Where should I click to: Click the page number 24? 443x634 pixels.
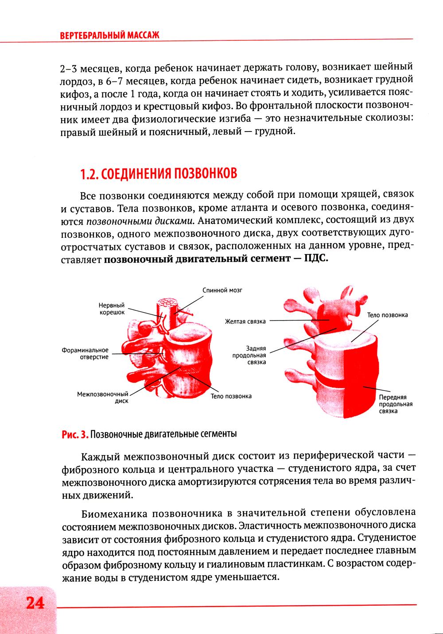click(35, 603)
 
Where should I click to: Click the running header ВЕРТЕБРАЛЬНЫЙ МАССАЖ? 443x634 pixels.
click(109, 35)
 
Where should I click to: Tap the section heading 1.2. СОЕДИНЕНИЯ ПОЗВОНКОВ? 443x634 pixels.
click(159, 174)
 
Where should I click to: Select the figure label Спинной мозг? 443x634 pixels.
click(222, 290)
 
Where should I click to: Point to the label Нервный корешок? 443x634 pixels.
click(112, 309)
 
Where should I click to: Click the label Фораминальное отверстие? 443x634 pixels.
click(85, 353)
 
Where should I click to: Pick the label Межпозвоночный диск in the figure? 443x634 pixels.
click(103, 397)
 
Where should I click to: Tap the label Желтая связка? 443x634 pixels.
click(245, 321)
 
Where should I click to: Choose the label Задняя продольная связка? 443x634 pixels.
click(249, 355)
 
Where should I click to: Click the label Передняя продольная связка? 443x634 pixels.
click(396, 404)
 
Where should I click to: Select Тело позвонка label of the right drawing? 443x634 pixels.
click(387, 315)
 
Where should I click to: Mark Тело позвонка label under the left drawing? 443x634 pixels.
click(231, 396)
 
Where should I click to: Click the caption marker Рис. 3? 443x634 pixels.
click(75, 434)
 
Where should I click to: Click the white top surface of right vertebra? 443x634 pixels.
click(345, 340)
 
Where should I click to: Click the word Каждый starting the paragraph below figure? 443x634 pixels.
click(101, 456)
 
